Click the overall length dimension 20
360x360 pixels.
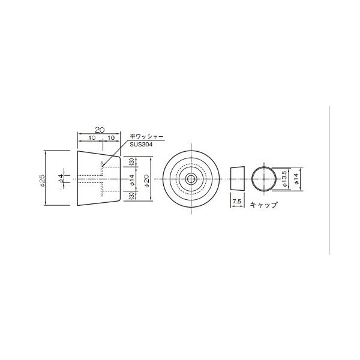pyautogui.click(x=100, y=130)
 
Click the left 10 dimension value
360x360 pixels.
pyautogui.click(x=92, y=138)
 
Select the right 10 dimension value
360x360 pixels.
pyautogui.click(x=111, y=138)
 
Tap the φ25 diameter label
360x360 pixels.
pyautogui.click(x=42, y=180)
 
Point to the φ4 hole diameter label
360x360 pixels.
pyautogui.click(x=61, y=178)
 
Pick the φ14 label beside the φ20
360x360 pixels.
pyautogui.click(x=131, y=180)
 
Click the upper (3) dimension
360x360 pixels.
pyautogui.click(x=132, y=162)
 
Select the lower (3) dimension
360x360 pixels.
pyautogui.click(x=132, y=196)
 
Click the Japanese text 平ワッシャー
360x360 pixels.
pyautogui.click(x=146, y=137)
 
